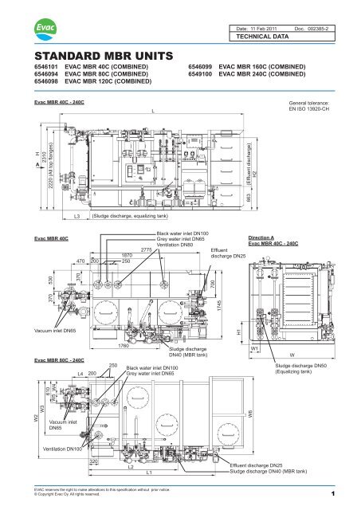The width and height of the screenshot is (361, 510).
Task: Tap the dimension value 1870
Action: coord(125,256)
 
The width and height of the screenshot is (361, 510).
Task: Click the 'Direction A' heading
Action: coord(265,237)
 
